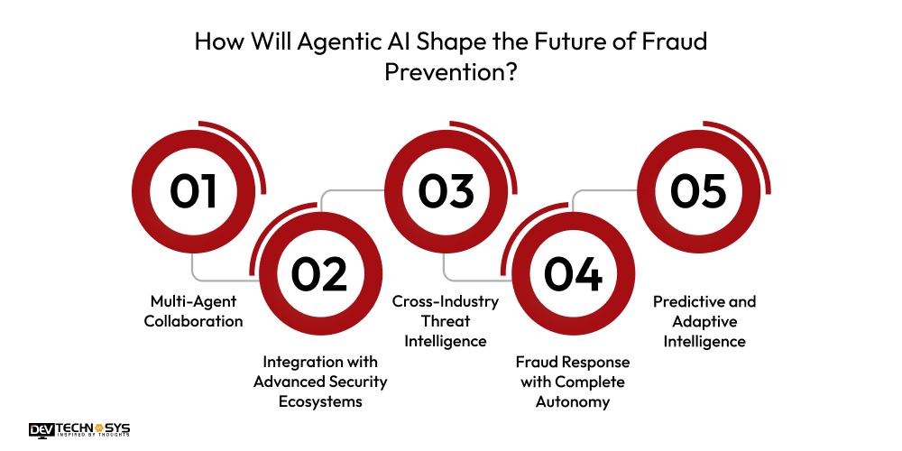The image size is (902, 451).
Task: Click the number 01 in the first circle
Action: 194,190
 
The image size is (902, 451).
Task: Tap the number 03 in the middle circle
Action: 446,190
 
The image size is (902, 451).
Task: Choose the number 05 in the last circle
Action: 698,190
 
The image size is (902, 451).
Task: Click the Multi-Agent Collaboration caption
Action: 194,311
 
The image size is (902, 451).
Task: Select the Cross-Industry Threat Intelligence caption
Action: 446,321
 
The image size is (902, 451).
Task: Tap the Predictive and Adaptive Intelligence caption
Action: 704,321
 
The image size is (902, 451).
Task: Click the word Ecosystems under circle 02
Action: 319,401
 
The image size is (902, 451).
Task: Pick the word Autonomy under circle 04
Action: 572,401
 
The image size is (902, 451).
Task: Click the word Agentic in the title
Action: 325,43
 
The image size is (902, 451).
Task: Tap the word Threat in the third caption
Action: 446,321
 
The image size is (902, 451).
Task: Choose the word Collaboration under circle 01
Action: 194,321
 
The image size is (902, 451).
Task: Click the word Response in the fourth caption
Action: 594,362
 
